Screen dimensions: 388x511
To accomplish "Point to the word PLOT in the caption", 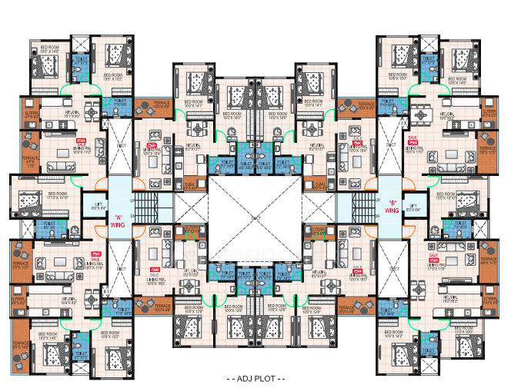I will click(266, 380).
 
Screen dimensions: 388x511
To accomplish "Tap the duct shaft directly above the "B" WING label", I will click(392, 146).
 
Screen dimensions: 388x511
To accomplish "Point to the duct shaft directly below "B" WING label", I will click(392, 261).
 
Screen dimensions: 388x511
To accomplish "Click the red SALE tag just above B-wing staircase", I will click(356, 143).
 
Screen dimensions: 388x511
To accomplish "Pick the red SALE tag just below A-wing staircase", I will click(154, 270).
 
